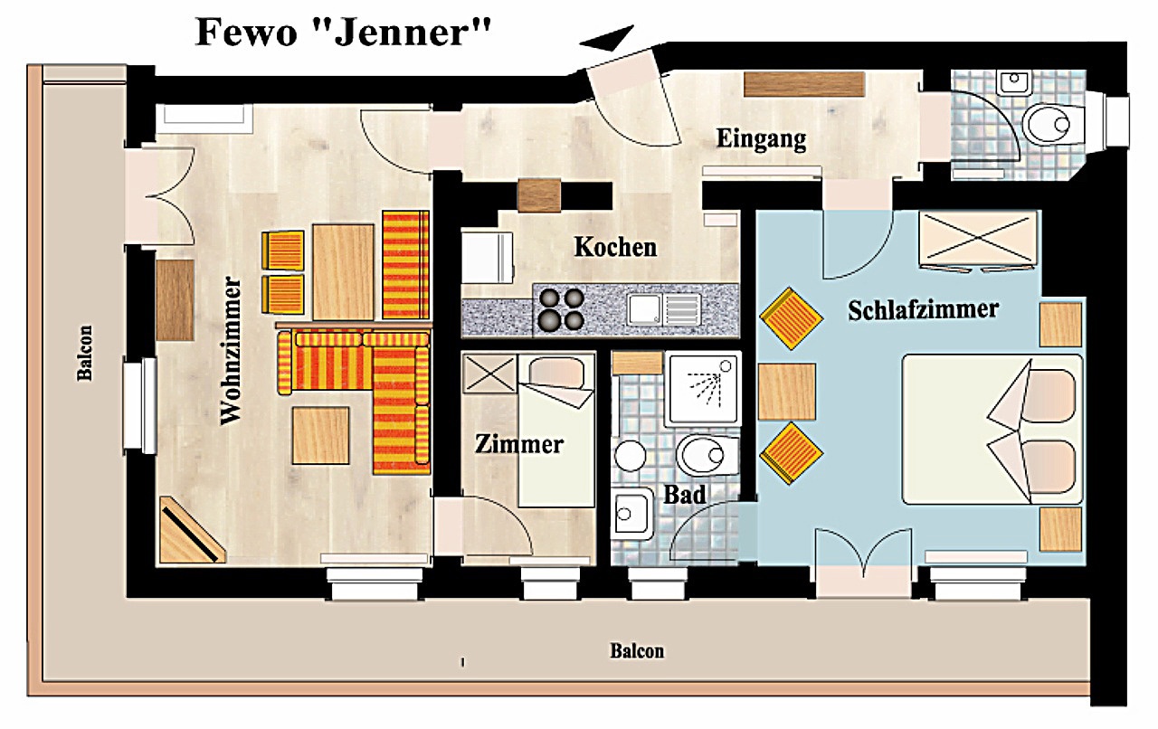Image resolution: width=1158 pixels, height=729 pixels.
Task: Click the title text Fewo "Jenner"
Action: click(x=344, y=32)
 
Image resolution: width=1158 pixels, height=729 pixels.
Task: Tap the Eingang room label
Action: click(x=761, y=138)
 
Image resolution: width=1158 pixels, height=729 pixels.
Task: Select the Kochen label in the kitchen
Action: click(x=615, y=247)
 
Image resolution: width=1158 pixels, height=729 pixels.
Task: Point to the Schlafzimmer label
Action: click(x=924, y=309)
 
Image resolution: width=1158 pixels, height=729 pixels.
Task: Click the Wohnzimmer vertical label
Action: click(x=231, y=351)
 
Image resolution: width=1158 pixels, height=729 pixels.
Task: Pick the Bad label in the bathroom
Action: click(x=685, y=495)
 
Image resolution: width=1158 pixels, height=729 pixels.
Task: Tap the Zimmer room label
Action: click(x=519, y=444)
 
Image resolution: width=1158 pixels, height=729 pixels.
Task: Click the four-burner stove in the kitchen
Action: click(x=562, y=309)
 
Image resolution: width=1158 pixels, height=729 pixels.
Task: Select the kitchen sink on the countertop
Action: click(x=664, y=309)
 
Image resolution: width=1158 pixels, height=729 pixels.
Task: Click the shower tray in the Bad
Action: click(x=704, y=388)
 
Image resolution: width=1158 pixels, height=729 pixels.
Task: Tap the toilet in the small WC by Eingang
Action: click(x=1055, y=125)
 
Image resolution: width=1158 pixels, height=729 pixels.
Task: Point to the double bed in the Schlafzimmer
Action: click(x=992, y=429)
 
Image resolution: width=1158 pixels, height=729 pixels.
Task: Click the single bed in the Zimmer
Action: click(x=556, y=431)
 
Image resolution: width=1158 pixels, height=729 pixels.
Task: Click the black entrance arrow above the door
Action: click(x=607, y=38)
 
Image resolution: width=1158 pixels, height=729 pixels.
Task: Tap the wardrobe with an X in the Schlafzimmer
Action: click(x=978, y=239)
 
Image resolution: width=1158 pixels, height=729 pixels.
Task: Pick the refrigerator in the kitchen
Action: click(x=488, y=258)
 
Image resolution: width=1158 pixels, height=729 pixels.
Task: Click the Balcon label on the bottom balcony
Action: click(x=637, y=651)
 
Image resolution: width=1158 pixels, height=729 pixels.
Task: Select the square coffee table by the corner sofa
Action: click(x=320, y=435)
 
